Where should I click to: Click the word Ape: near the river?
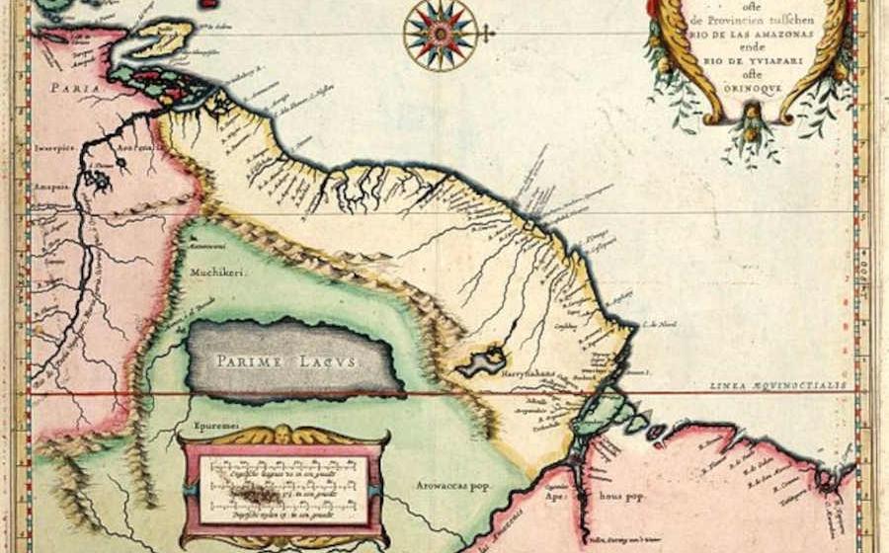click(x=558, y=500)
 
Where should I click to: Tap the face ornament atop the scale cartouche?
click(x=284, y=434)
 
